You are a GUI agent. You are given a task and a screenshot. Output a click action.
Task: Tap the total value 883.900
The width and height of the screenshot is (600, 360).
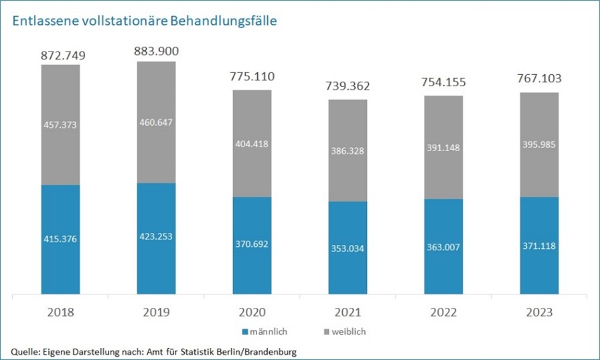[x=156, y=50]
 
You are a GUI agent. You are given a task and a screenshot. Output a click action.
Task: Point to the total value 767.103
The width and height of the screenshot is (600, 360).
[x=539, y=79]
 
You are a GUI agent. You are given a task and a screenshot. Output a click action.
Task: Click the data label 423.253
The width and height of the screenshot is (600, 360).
[x=156, y=236]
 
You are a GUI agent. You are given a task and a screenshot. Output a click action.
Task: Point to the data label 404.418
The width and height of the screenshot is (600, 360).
[x=252, y=143]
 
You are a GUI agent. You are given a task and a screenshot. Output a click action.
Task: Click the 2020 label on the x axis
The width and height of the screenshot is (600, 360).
[x=252, y=312]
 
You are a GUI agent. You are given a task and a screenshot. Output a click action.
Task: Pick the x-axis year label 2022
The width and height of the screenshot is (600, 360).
[x=443, y=312]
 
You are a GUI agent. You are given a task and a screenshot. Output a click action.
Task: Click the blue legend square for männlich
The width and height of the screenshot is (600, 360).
[x=245, y=332]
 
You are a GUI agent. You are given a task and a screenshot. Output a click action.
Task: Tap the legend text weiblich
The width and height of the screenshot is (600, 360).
[x=348, y=332]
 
